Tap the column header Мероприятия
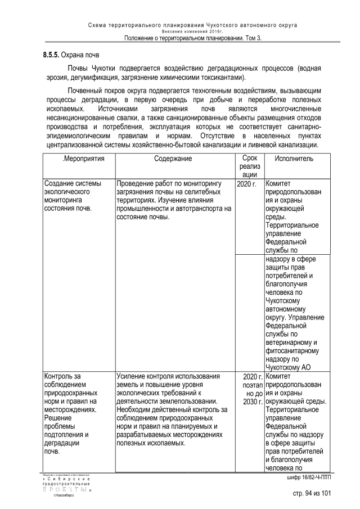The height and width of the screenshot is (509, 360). click(83, 159)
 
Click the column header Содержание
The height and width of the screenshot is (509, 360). click(173, 159)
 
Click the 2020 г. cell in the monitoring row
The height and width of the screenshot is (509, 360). click(247, 184)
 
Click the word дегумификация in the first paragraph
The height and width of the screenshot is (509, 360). click(89, 78)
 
